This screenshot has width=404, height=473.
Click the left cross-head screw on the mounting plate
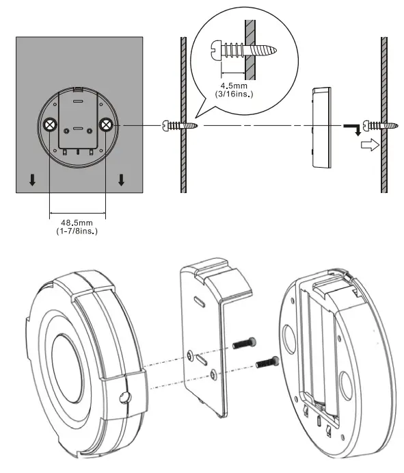(50, 125)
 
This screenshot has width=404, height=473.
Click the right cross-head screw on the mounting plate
(105, 125)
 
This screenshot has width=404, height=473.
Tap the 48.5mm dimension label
(77, 223)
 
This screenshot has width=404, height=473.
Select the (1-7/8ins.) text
(77, 232)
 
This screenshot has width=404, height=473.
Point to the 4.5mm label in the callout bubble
(232, 87)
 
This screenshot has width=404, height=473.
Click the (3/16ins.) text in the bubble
(232, 95)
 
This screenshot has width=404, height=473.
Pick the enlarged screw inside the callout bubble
(243, 49)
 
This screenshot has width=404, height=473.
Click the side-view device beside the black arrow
(320, 127)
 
